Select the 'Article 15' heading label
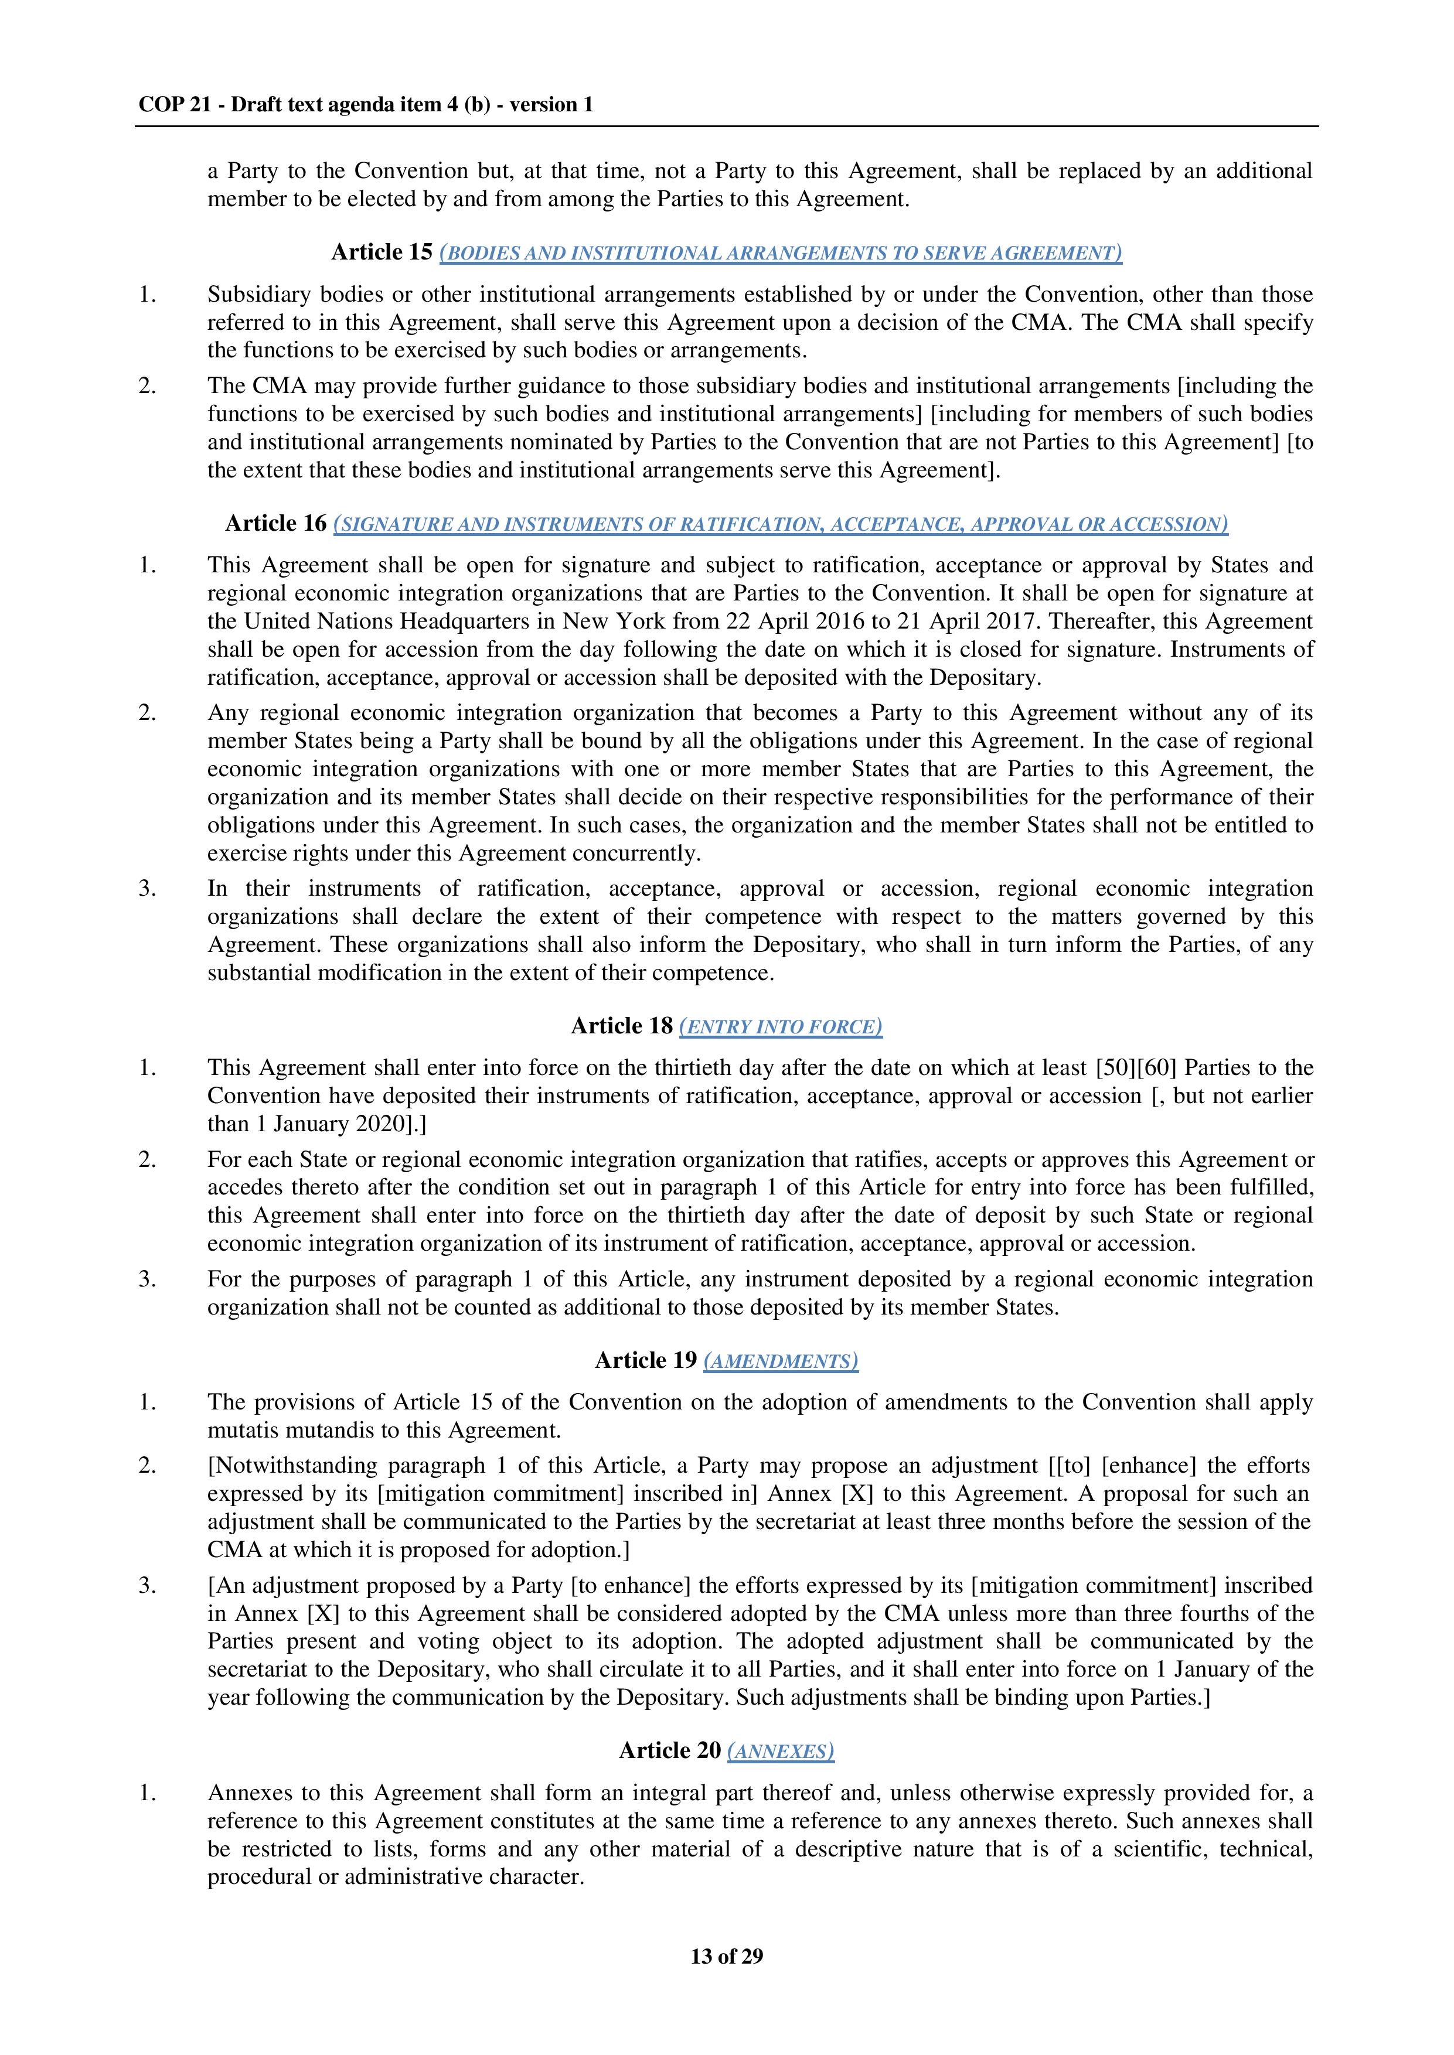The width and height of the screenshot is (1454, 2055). click(382, 252)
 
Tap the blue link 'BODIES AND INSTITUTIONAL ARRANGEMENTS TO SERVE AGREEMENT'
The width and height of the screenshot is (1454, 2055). click(781, 253)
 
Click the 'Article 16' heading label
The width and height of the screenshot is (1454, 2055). click(276, 524)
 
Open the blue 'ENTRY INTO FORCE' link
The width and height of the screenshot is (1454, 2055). click(781, 1026)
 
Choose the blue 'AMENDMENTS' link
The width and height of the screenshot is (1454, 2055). click(781, 1361)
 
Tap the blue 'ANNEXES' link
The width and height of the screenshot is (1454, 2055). click(781, 1752)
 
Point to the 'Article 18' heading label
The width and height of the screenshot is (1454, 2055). click(621, 1026)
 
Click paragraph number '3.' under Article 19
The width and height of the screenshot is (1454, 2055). click(148, 1586)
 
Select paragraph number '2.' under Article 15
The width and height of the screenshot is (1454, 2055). click(148, 386)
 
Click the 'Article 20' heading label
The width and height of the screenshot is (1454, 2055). click(670, 1751)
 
